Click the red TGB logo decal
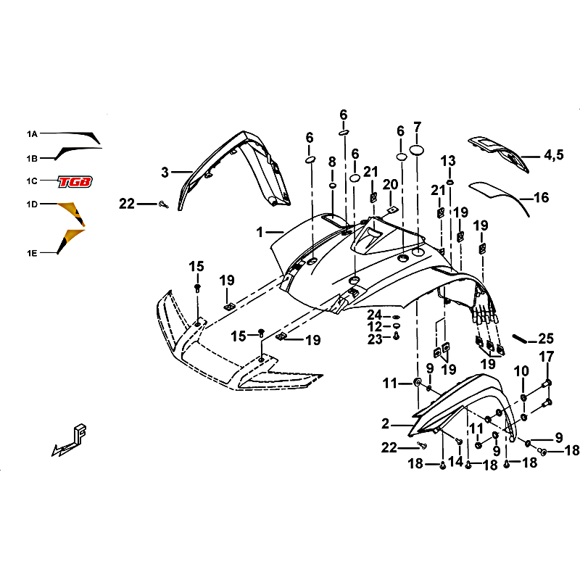pos(75,182)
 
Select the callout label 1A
pos(32,134)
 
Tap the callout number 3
pos(165,173)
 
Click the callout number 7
pos(418,128)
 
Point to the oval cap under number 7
pos(417,150)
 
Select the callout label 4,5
pos(554,155)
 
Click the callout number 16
pos(541,197)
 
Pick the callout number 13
pos(448,161)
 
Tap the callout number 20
pos(390,184)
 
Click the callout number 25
pos(546,338)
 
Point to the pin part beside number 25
pos(519,339)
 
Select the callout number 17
pos(547,357)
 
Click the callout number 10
pos(521,370)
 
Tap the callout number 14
pos(455,461)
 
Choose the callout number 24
pos(374,315)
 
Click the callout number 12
pos(374,327)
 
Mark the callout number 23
pos(374,339)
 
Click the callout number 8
pos(332,162)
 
